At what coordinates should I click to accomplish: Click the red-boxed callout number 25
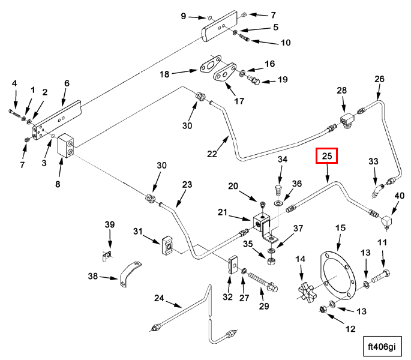point(327,156)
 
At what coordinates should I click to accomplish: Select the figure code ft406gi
point(382,346)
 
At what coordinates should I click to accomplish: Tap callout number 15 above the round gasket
point(340,228)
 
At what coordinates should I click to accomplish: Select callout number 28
point(341,90)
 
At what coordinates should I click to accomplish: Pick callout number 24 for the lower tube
point(159,298)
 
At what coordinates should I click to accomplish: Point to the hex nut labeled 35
point(271,262)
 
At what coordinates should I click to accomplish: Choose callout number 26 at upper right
point(379,79)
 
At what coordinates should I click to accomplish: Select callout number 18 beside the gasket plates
point(164,74)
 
